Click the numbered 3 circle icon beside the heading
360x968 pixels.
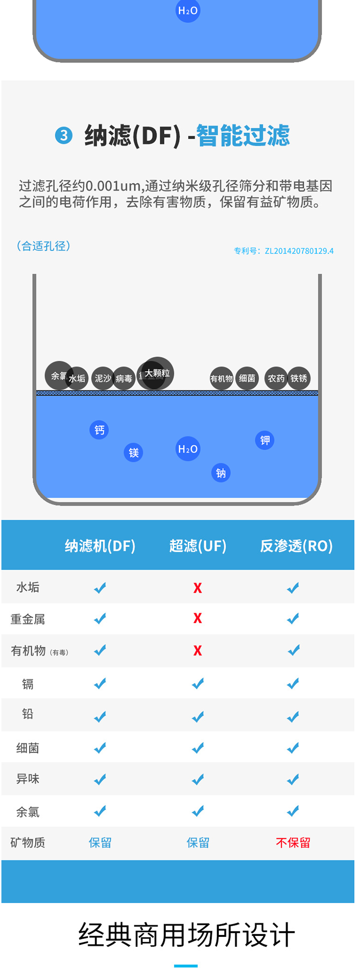(x=63, y=135)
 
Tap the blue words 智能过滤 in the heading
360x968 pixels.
(x=243, y=135)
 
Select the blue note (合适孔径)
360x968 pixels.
(x=43, y=246)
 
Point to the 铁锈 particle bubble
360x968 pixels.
(x=299, y=378)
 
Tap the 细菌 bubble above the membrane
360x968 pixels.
(x=247, y=378)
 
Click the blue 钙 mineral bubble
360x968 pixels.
(x=99, y=430)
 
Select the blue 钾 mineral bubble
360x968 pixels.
(x=265, y=440)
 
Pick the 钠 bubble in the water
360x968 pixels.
(x=221, y=473)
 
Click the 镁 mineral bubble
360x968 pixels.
(x=133, y=452)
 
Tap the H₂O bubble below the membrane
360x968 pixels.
(x=188, y=449)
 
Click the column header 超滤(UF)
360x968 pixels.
(x=198, y=546)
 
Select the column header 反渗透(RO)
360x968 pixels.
(x=296, y=546)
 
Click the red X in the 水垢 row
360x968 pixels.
(x=197, y=588)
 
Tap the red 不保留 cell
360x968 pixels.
(x=293, y=842)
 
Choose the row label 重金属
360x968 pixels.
(x=28, y=619)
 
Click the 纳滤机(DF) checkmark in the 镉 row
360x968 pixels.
(x=100, y=683)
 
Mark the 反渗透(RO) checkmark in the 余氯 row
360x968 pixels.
(x=293, y=811)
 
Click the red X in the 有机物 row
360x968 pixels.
(x=197, y=650)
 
